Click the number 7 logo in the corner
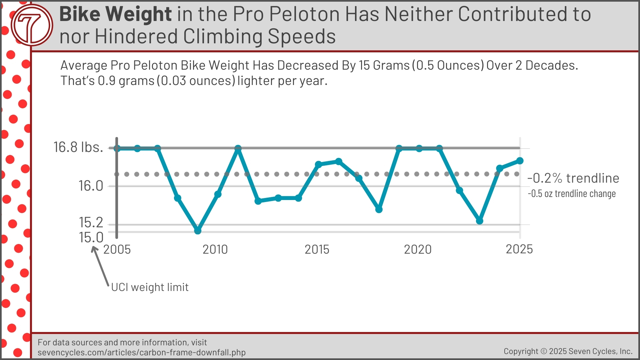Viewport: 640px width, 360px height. (x=32, y=25)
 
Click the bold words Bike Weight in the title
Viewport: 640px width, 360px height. (x=115, y=14)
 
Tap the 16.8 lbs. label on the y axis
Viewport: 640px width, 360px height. (x=78, y=147)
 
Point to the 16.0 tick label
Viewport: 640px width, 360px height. (x=91, y=186)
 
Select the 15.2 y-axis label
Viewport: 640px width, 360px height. (x=91, y=222)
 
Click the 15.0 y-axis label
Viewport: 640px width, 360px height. (x=91, y=238)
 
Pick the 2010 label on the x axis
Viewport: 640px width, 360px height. (x=215, y=249)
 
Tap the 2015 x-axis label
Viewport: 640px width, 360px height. (x=317, y=249)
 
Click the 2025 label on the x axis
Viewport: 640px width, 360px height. (x=519, y=249)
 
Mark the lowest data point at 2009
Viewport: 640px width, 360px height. (x=198, y=230)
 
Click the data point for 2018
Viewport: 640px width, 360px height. (x=379, y=209)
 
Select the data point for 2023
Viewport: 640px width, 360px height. (x=479, y=221)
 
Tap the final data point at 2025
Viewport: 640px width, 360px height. (x=520, y=161)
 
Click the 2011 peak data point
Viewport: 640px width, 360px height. (x=238, y=148)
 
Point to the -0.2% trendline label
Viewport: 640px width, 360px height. (x=573, y=178)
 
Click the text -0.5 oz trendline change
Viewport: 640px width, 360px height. (x=571, y=194)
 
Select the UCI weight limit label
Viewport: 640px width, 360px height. (x=150, y=287)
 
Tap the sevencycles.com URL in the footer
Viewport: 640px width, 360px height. (x=141, y=352)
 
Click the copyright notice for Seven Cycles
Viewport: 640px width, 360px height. (x=568, y=351)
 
